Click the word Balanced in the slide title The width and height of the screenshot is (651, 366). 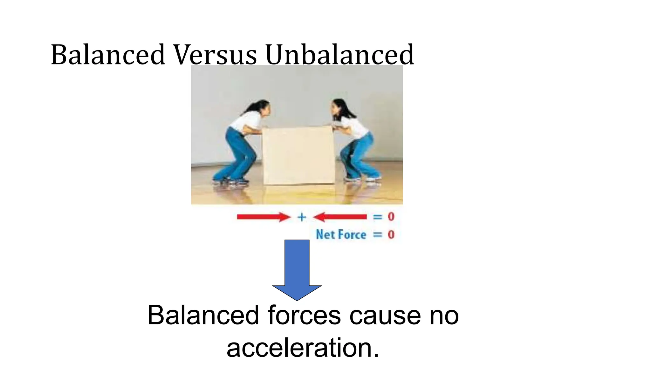pos(108,55)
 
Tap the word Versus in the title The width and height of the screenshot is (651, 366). pos(215,55)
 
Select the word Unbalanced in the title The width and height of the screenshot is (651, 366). pos(339,55)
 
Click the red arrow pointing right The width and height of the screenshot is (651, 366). pos(263,217)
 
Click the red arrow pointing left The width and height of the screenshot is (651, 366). pos(340,217)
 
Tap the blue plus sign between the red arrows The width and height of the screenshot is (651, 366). pos(302,217)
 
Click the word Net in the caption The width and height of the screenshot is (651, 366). pos(325,235)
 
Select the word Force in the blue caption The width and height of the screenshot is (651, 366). pos(353,235)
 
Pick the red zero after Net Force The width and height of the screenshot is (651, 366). pos(391,235)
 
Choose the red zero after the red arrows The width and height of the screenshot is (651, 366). pos(391,217)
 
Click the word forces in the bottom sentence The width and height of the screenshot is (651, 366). pos(304,315)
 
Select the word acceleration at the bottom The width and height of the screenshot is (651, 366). pos(303,348)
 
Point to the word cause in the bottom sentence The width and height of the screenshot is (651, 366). pos(385,315)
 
